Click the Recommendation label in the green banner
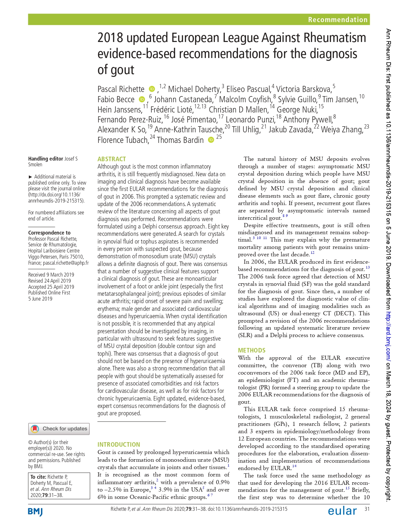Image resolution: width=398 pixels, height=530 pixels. click(x=337, y=20)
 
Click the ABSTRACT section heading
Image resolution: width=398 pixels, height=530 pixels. click(x=112, y=159)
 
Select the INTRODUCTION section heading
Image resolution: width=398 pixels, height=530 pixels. click(x=119, y=444)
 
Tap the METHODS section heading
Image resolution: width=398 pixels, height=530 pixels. click(x=251, y=350)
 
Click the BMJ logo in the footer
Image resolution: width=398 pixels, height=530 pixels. click(x=35, y=511)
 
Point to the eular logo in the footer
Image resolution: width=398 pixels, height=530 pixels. click(x=342, y=510)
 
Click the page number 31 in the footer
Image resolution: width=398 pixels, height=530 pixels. click(x=367, y=509)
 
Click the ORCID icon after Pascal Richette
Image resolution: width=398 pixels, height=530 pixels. click(x=152, y=89)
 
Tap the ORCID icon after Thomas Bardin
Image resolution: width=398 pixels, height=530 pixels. click(x=211, y=140)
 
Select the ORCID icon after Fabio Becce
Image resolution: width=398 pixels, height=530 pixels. click(x=142, y=99)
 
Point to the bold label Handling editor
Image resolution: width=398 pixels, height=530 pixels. click(x=46, y=159)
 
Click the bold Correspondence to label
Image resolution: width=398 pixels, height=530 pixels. click(x=49, y=233)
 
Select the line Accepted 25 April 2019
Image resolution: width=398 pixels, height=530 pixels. click(x=51, y=287)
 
